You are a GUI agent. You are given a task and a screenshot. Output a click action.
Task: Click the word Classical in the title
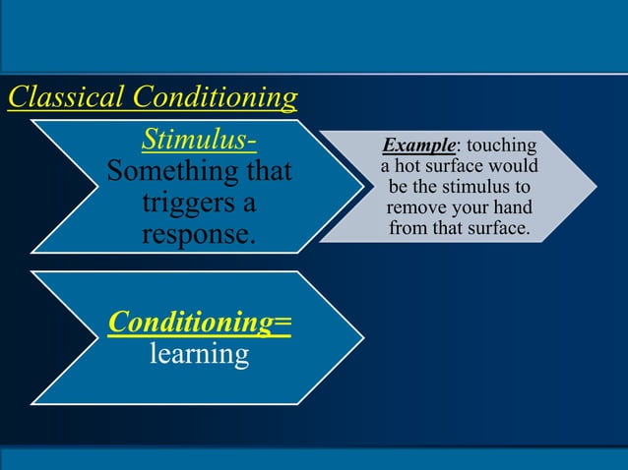[x=66, y=97]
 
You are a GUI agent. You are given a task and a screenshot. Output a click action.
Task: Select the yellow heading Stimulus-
[x=200, y=140]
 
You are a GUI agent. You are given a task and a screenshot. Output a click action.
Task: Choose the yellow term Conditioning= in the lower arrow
[x=200, y=321]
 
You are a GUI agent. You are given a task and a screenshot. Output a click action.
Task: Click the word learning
[x=199, y=352]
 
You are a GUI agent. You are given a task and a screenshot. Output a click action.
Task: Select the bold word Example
[x=418, y=147]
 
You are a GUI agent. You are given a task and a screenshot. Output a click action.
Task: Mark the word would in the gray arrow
[x=514, y=167]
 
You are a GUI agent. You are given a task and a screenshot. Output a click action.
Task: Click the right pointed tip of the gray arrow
[x=594, y=187]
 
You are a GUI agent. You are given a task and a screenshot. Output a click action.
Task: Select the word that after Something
[x=267, y=172]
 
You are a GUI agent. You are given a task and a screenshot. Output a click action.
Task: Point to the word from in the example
[x=408, y=229]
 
